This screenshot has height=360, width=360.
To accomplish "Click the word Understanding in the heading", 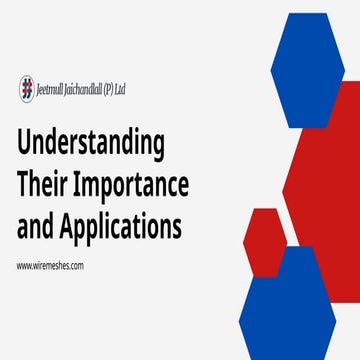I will [x=91, y=145].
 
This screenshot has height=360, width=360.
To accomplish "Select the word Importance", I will [x=130, y=186].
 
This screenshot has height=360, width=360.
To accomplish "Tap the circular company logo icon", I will [x=26, y=88].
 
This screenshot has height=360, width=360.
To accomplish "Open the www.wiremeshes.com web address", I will [x=49, y=265].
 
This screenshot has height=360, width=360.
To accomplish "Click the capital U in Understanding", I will [x=24, y=143].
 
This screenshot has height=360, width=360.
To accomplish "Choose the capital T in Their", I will [x=24, y=185].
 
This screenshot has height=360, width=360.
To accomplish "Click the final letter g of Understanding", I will [x=158, y=148].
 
